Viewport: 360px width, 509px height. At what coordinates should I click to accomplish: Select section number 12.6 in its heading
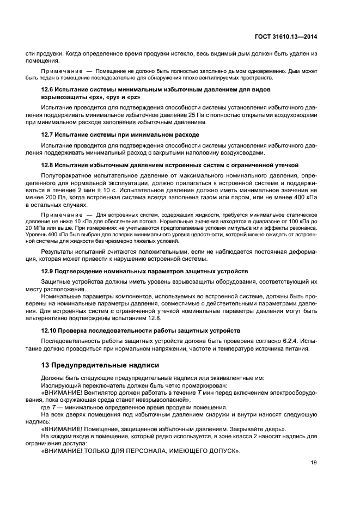coord(48,89)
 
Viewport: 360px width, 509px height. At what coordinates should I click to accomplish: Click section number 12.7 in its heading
coord(48,134)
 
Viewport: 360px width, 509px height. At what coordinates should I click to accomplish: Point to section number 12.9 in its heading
coord(48,271)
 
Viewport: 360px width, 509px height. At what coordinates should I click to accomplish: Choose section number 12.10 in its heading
coord(50,330)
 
